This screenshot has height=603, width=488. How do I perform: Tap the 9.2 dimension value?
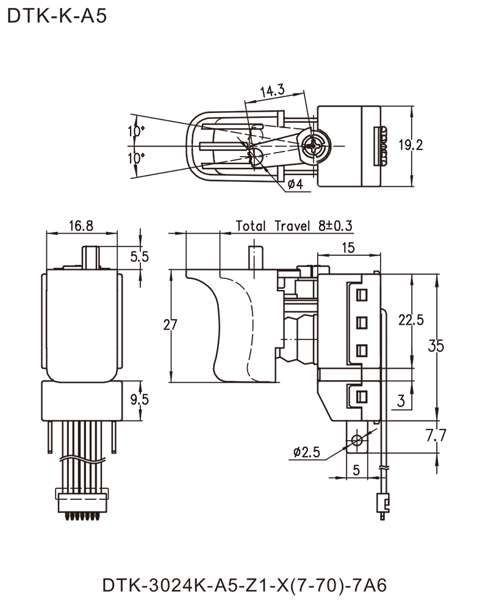(413, 145)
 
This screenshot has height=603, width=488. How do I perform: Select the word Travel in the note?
(293, 226)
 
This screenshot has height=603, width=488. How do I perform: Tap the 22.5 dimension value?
(412, 319)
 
